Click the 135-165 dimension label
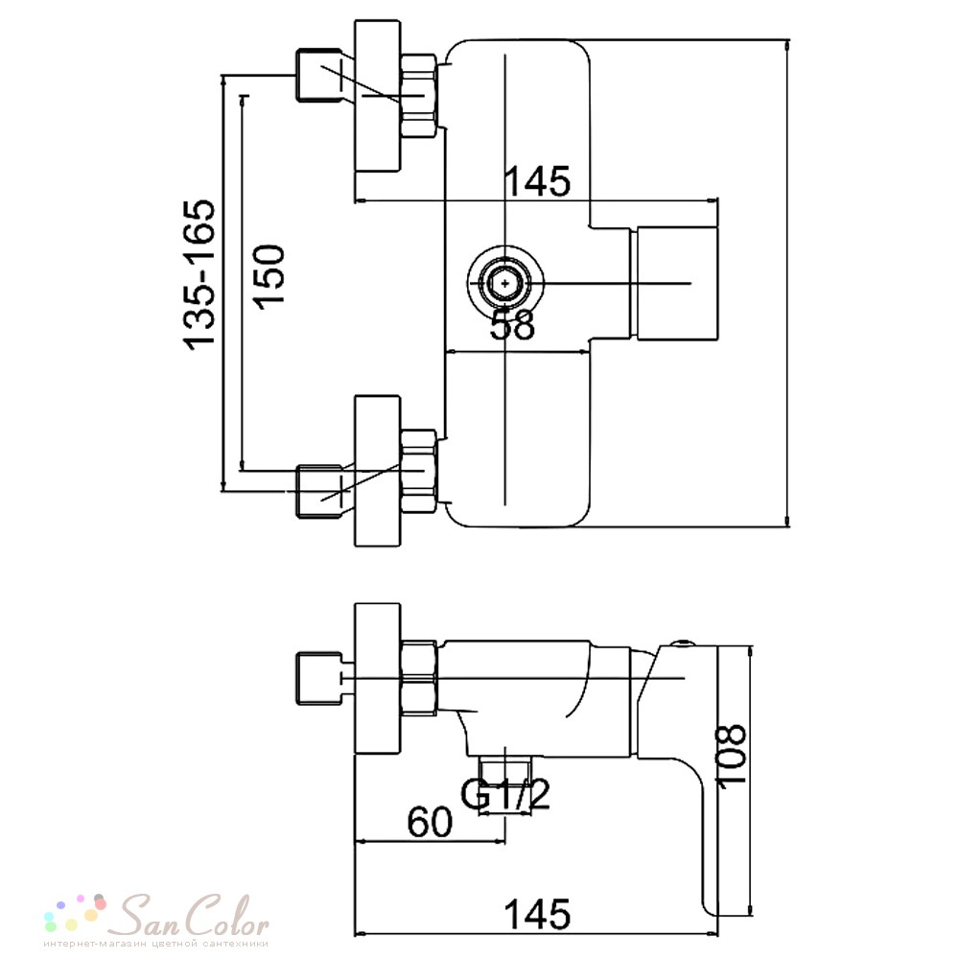200,275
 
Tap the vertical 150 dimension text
269,277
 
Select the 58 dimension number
512,325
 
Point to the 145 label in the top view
537,181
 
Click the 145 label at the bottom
537,914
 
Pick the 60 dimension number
430,822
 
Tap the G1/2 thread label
505,794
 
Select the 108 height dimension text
731,756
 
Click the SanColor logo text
192,917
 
